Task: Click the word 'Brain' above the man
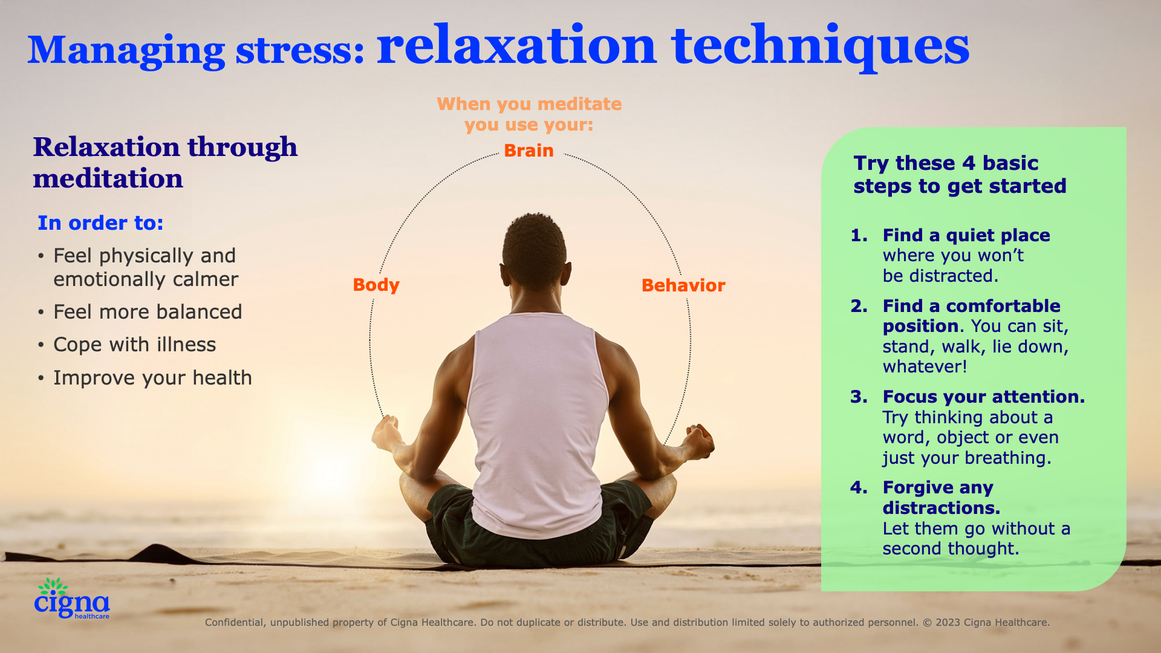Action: [x=528, y=151]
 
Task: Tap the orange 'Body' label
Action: [x=376, y=285]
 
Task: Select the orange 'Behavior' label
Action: [x=683, y=285]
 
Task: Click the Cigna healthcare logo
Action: [x=72, y=599]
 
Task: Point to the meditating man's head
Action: [x=535, y=248]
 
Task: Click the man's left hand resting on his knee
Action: [x=387, y=433]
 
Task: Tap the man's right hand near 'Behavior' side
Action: [x=698, y=440]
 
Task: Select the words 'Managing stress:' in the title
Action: [x=196, y=50]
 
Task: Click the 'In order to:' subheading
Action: [x=100, y=223]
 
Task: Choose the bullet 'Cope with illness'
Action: [x=134, y=345]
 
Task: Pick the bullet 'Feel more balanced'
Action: [x=148, y=312]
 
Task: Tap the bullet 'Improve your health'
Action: [x=152, y=378]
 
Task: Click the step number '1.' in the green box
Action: [x=859, y=235]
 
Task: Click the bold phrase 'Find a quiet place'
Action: [x=966, y=235]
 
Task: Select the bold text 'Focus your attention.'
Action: [x=983, y=397]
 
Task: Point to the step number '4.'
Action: [x=859, y=487]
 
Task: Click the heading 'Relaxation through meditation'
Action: [x=164, y=163]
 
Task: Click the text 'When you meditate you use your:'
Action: [x=529, y=114]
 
